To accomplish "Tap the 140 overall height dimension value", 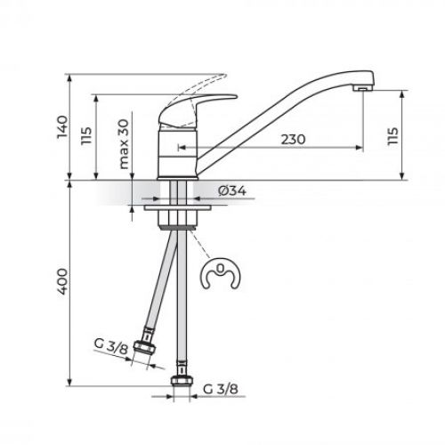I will click(61, 127).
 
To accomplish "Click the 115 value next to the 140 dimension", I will click(86, 136).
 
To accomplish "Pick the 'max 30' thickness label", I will click(124, 148).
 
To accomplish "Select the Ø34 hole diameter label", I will click(231, 190).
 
